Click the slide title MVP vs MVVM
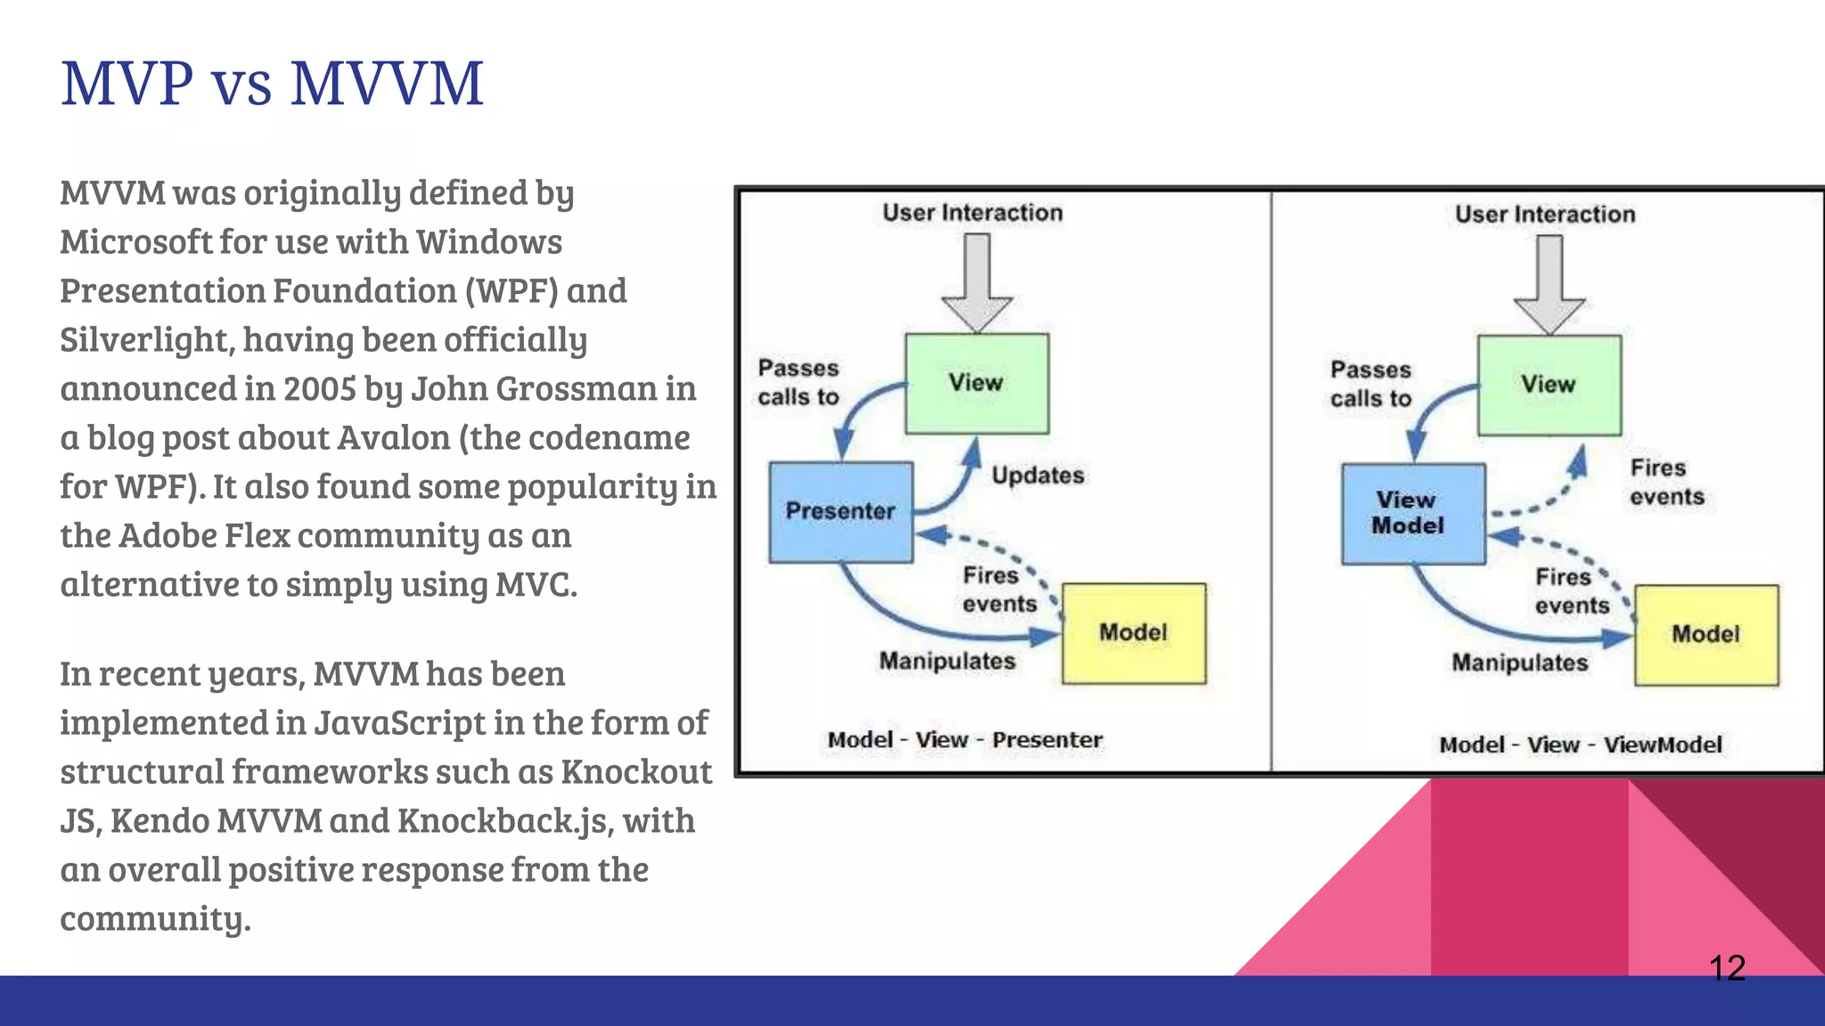coord(272,84)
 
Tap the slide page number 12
coord(1727,968)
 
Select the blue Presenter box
coord(840,511)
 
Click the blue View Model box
coord(1412,513)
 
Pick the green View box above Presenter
coord(977,383)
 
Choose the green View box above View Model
coord(1549,385)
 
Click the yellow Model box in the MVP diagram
coord(1133,633)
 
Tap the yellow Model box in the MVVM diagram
coord(1706,635)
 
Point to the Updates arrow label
coord(1038,476)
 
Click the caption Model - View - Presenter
coord(965,740)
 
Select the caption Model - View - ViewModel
coord(1580,745)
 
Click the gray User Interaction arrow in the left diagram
coord(978,281)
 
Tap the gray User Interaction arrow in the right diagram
coord(1550,283)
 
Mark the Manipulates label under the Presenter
coord(947,661)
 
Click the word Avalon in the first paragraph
coord(393,438)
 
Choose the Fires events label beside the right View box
coord(1666,482)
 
